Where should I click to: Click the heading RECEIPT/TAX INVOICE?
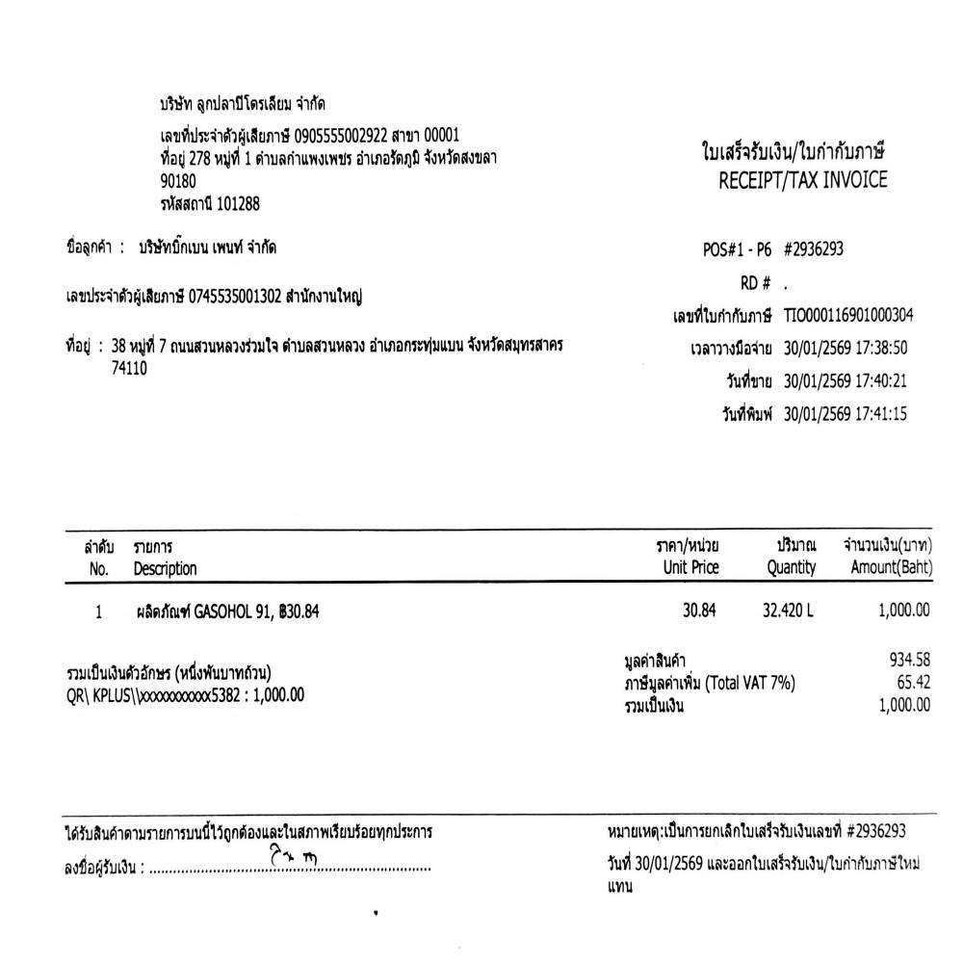pos(803,181)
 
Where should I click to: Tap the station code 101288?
pos(237,203)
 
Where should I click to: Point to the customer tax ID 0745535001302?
pos(236,298)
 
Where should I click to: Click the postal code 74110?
pos(130,368)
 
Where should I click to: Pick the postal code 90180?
pos(178,180)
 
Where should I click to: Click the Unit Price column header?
pos(691,568)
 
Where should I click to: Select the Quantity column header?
pos(792,568)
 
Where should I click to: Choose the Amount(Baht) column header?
pos(892,568)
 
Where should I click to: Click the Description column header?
pos(165,569)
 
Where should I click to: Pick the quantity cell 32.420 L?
pos(788,611)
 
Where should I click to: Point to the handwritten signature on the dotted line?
pos(295,856)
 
